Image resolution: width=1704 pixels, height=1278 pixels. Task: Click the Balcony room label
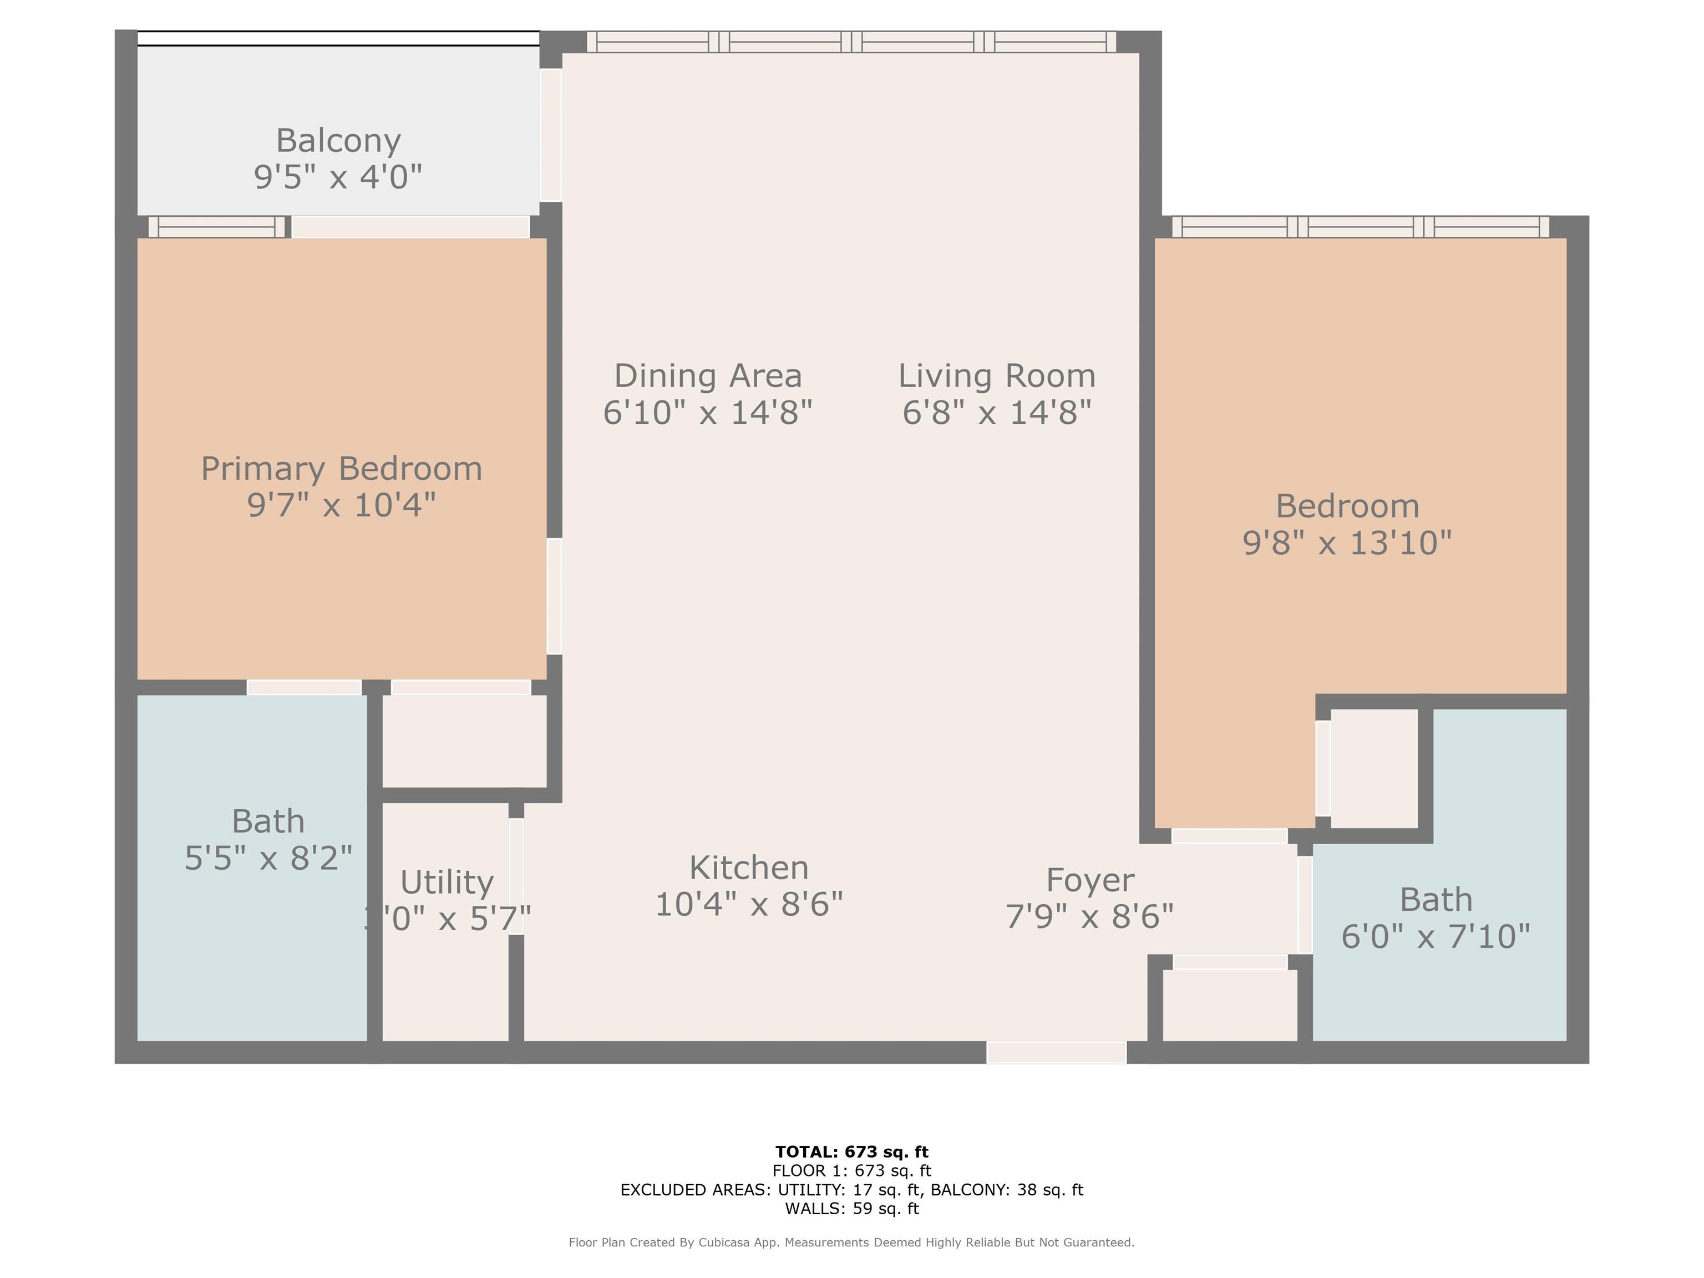point(338,141)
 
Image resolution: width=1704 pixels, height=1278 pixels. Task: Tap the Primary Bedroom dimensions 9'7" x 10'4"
point(341,506)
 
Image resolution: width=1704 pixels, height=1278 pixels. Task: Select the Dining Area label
point(707,377)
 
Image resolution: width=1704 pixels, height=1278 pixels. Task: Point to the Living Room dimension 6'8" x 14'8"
point(997,413)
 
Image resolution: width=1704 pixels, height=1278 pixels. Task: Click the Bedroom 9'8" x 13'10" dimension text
point(1347,543)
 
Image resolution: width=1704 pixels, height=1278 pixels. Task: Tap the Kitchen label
point(749,868)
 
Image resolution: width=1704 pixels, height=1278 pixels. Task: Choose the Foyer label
point(1089,880)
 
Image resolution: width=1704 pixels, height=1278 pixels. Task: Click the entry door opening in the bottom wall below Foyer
point(1056,1052)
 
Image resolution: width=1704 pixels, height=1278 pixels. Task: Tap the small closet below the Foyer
point(1230,1005)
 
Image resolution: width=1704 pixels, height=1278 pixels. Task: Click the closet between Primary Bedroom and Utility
point(464,741)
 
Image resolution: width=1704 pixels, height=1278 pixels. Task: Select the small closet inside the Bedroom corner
point(1373,769)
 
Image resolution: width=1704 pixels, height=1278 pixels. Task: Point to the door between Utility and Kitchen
point(516,876)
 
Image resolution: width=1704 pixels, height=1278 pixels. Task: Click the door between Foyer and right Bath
point(1304,905)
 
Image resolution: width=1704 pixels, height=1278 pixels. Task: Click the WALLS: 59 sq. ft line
point(851,1209)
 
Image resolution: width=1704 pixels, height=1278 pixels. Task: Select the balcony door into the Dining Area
point(551,135)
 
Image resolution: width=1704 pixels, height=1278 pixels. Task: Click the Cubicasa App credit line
point(851,1242)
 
